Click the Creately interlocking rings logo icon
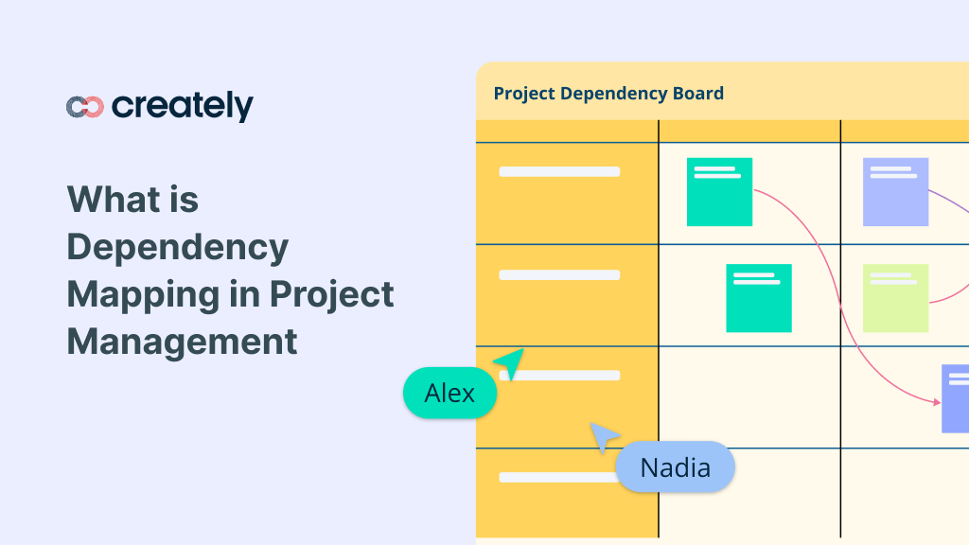(85, 107)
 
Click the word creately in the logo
(183, 106)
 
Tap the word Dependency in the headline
(177, 248)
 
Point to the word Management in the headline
(182, 341)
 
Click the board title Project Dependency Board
(608, 94)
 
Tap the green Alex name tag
(449, 393)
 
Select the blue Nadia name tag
(675, 466)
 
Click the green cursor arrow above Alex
(510, 361)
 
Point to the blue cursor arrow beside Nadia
(603, 437)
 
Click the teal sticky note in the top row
(719, 192)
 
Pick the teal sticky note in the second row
(759, 298)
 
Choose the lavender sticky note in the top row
(895, 192)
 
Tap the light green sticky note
(895, 298)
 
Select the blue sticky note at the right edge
(955, 398)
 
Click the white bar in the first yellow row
(559, 172)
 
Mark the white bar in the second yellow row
(559, 275)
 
